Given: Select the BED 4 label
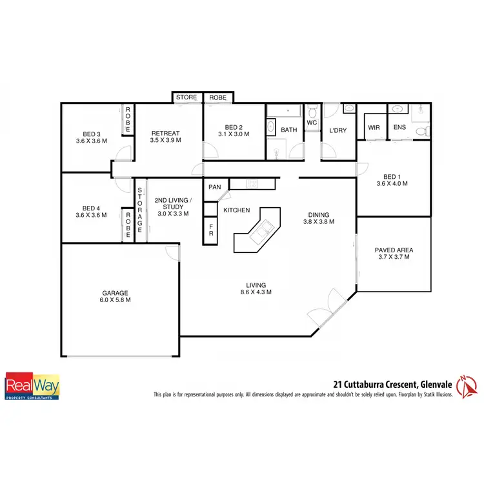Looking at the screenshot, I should (x=90, y=211).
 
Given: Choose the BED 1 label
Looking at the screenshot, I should (x=392, y=179).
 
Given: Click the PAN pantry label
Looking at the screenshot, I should (x=215, y=187).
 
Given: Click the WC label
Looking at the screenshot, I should (x=312, y=122).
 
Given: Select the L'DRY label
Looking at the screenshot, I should (x=338, y=130).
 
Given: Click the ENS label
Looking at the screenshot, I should (x=400, y=128).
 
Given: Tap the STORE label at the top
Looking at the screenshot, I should (x=187, y=97).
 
